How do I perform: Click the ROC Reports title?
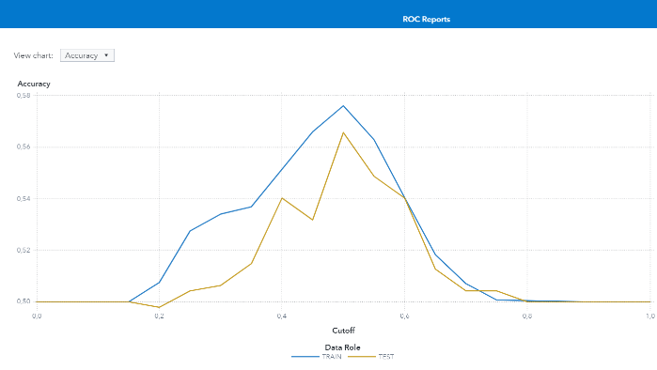pos(426,19)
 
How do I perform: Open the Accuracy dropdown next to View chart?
pos(86,55)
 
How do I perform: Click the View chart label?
pos(34,55)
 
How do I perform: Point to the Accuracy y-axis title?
pos(34,84)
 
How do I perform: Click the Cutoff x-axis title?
pos(343,330)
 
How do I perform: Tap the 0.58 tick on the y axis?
pos(23,96)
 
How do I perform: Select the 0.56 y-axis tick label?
pos(23,147)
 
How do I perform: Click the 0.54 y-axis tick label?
pos(23,199)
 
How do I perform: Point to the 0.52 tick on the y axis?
pos(23,251)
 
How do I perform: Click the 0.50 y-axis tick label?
pos(23,301)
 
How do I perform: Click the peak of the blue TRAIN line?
pos(343,105)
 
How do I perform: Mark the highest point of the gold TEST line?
pos(343,131)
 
